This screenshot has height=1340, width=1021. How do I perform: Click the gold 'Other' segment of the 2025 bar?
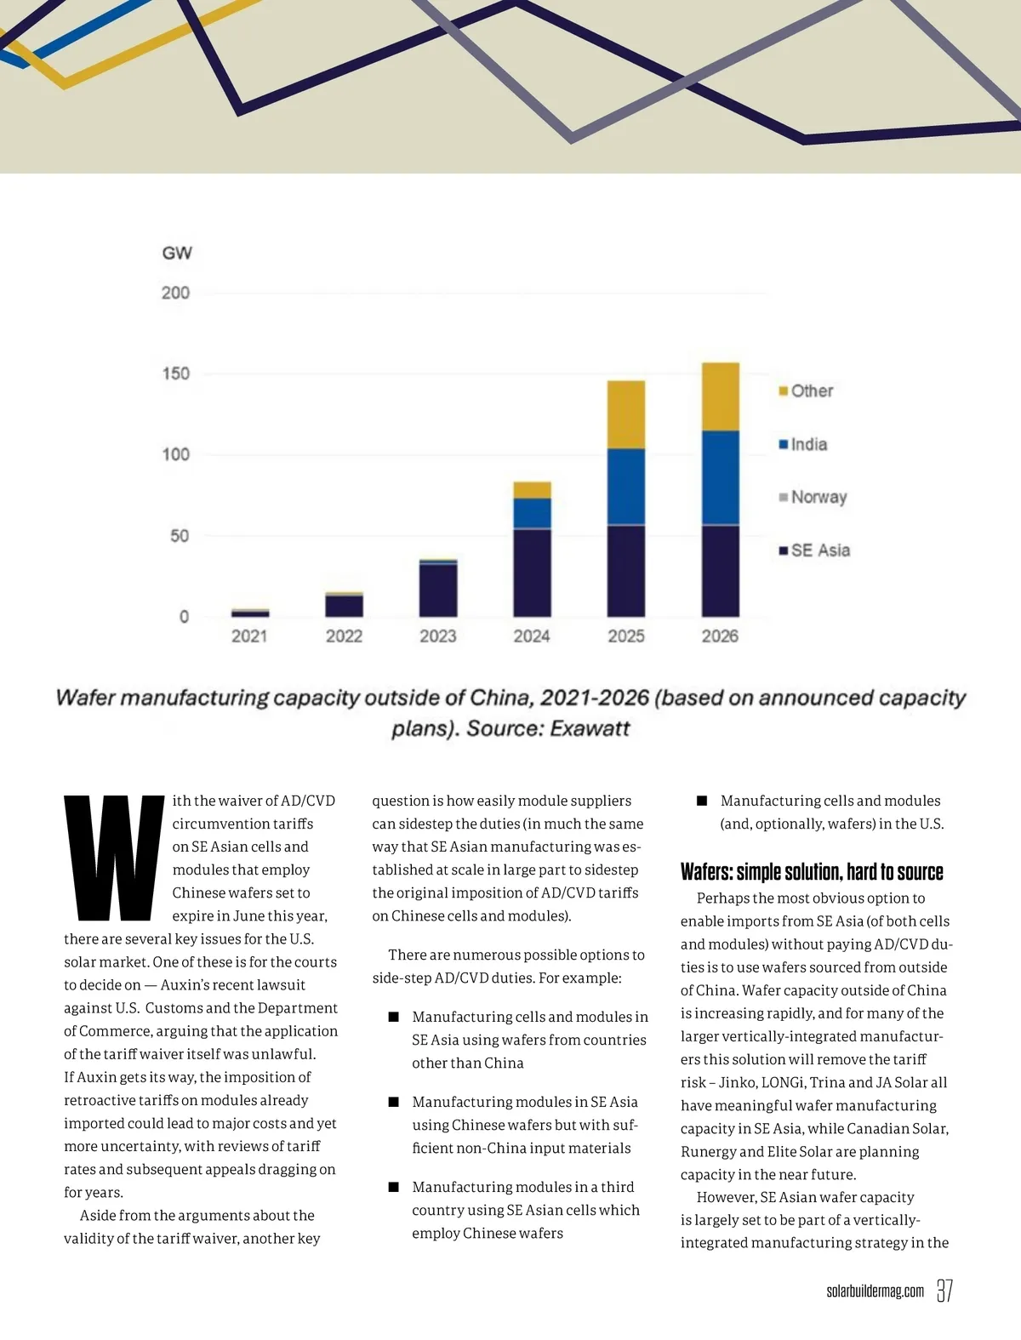[x=625, y=414]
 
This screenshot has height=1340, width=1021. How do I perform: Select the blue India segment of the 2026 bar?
[x=720, y=477]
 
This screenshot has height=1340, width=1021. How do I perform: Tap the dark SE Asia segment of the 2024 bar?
[x=532, y=573]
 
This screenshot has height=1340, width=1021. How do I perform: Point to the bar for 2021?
[x=250, y=613]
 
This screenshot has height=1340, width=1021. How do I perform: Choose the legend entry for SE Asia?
[x=814, y=550]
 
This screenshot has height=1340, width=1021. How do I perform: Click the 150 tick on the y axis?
[x=176, y=373]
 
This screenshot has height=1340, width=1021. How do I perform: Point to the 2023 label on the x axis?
[x=438, y=636]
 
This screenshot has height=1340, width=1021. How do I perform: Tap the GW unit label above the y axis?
[x=177, y=253]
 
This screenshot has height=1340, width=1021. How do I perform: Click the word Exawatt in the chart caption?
[x=590, y=728]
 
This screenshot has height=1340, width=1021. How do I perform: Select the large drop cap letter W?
[x=113, y=858]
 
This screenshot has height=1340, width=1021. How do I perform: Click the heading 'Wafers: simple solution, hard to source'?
[x=812, y=872]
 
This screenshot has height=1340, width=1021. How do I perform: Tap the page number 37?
[x=944, y=1291]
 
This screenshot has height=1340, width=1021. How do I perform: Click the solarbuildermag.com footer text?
[x=875, y=1292]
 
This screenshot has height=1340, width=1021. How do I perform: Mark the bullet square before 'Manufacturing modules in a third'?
[x=394, y=1187]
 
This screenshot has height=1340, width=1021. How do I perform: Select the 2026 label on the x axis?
[x=720, y=636]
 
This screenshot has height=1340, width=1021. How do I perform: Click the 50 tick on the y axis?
[x=180, y=536]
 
